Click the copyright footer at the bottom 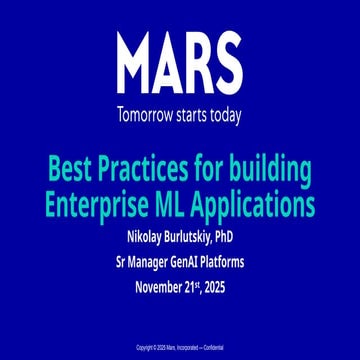point(180,347)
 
